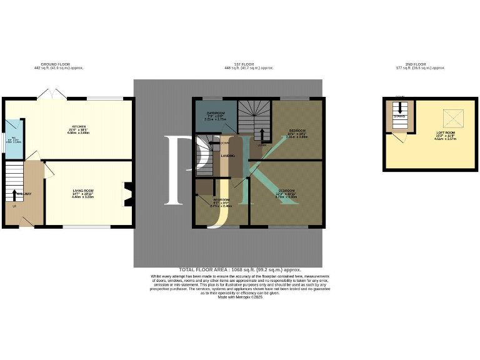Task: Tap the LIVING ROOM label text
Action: tap(82, 191)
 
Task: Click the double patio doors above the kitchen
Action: tap(49, 94)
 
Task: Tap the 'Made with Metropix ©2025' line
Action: tap(240, 297)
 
